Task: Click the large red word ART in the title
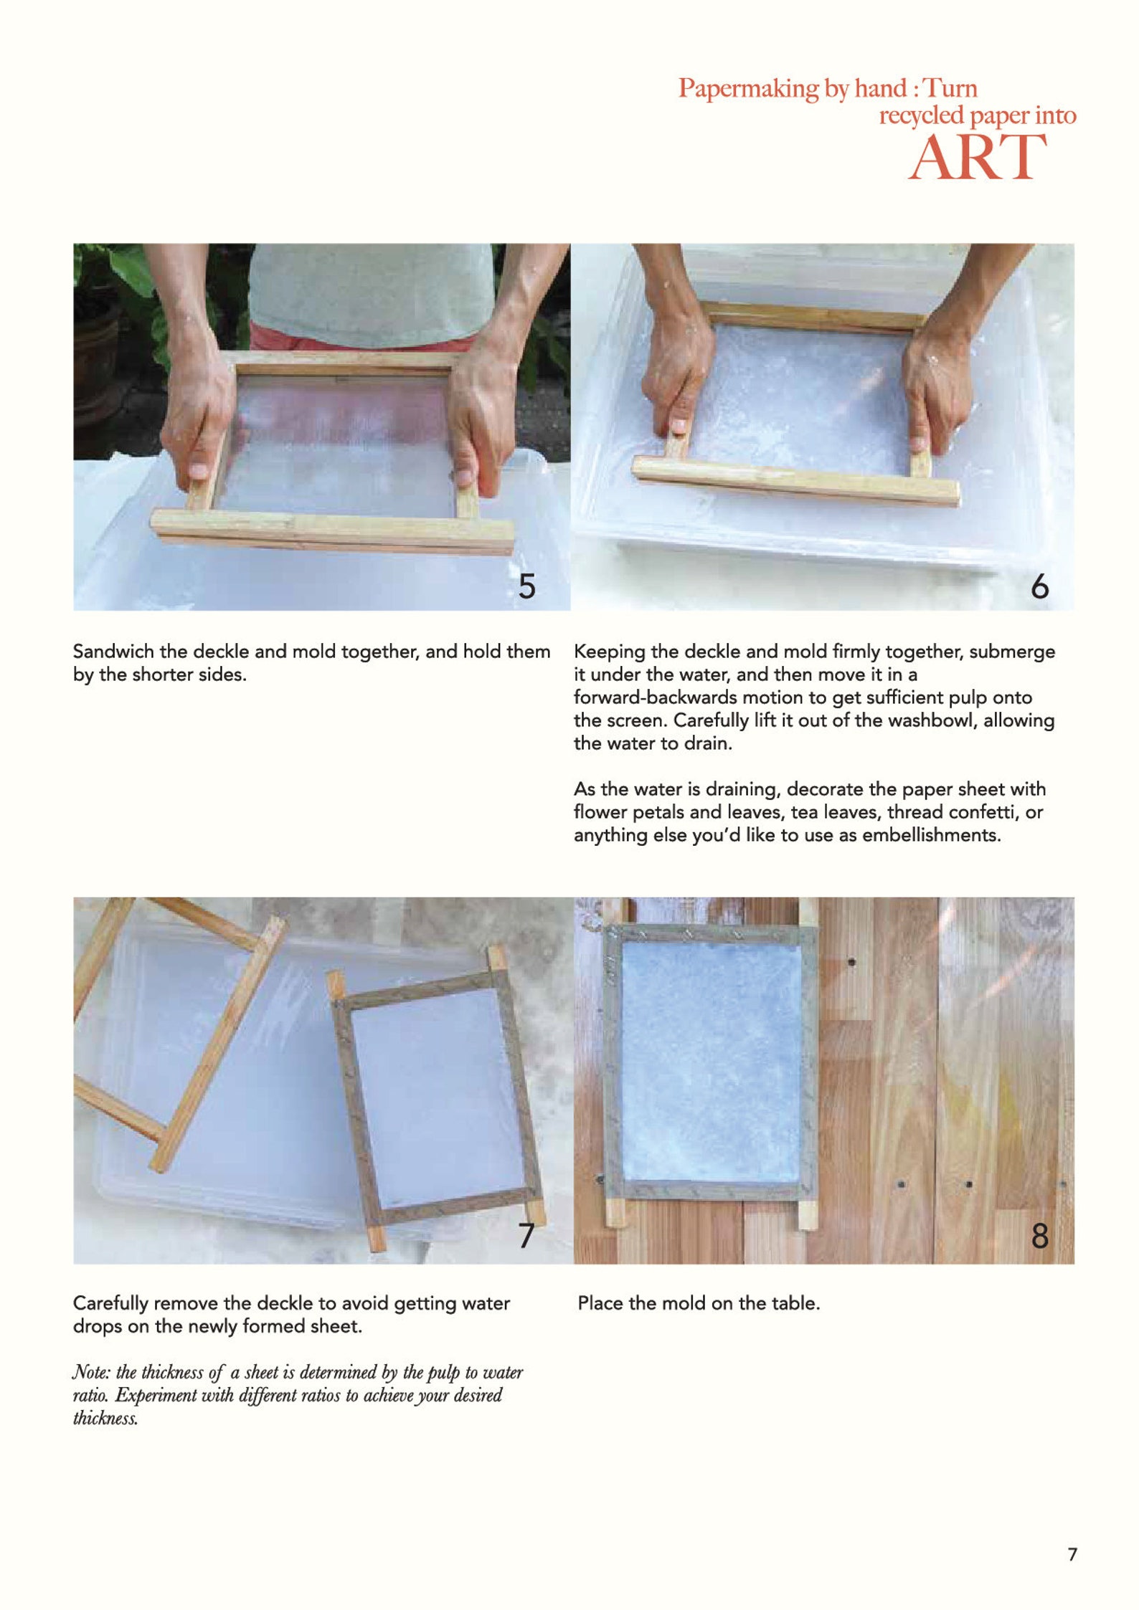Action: click(977, 158)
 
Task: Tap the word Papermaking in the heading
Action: click(748, 89)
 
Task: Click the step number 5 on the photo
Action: click(527, 587)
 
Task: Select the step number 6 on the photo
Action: click(1039, 587)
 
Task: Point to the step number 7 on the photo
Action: click(526, 1235)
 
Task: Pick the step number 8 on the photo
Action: click(1039, 1236)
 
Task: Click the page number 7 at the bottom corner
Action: click(1072, 1555)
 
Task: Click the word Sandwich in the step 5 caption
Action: click(113, 652)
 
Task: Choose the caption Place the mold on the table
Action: click(698, 1303)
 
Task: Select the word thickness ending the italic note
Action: click(105, 1418)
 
